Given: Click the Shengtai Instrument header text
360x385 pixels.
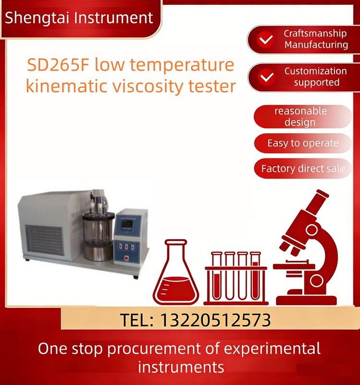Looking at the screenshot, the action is (x=79, y=18).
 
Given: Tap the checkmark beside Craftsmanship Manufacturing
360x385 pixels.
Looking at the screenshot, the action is (x=266, y=39).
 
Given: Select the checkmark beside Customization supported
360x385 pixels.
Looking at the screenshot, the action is (x=267, y=77).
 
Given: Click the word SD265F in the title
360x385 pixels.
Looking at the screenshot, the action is (x=58, y=65).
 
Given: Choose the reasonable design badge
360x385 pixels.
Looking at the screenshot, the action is (x=303, y=116).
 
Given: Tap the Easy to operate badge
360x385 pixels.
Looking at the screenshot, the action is (x=303, y=143).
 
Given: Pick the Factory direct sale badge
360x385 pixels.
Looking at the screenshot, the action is (x=303, y=168).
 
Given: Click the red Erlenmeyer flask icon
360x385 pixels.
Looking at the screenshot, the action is (x=176, y=272).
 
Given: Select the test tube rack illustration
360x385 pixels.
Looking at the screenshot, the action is (x=236, y=278).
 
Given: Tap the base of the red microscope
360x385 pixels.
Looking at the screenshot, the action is (x=307, y=300).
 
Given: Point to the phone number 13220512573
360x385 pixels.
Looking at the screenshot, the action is (x=215, y=320).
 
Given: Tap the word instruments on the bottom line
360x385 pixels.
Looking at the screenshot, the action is (x=181, y=367).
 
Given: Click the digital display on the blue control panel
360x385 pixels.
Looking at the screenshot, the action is (x=127, y=224).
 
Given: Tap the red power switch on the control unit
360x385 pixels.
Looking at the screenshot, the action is (x=126, y=258).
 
